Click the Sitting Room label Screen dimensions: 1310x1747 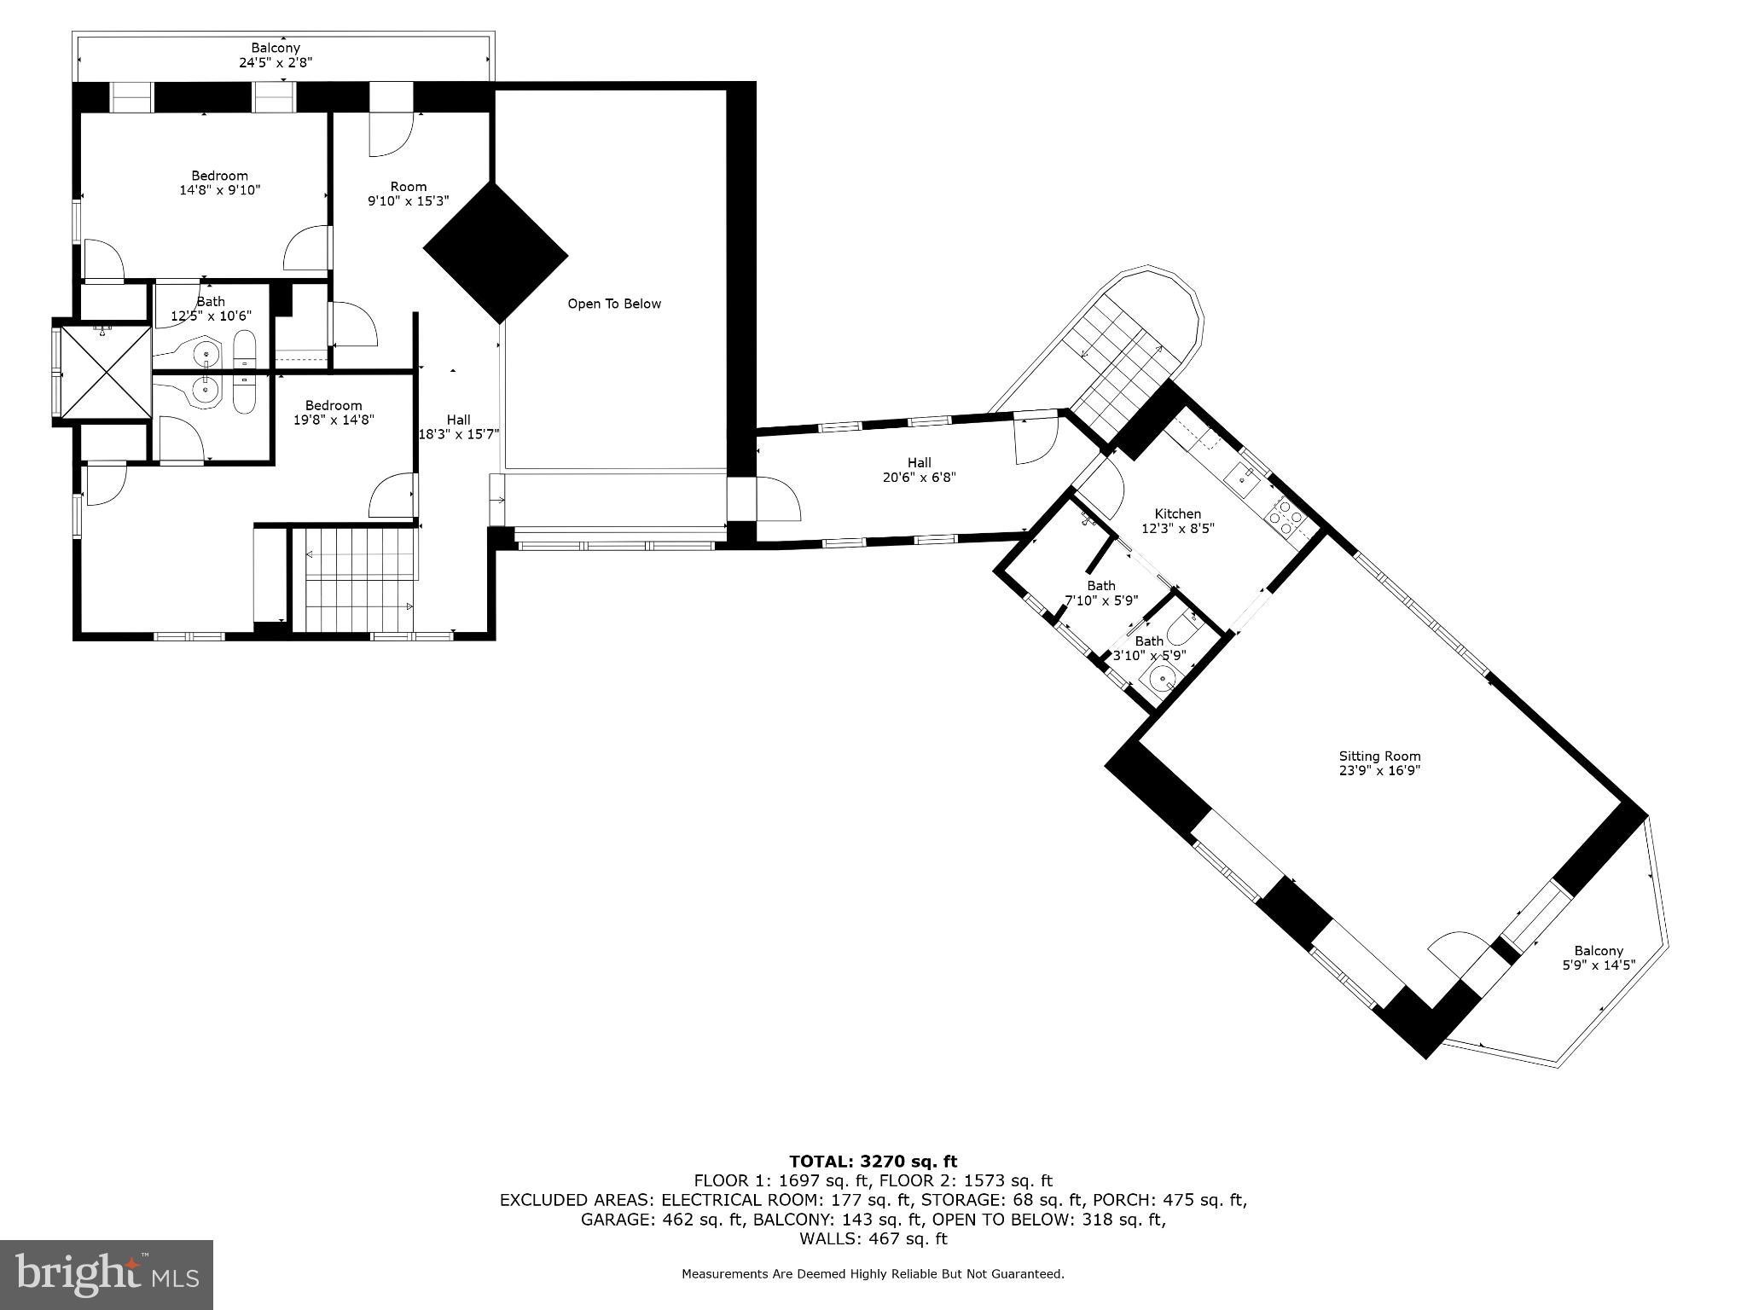click(1379, 762)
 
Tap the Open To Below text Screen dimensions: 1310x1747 click(614, 304)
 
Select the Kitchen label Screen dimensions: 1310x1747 click(1177, 520)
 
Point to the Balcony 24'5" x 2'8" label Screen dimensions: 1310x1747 click(275, 55)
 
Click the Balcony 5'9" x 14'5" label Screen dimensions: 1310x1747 click(1598, 958)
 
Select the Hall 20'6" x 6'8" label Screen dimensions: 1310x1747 click(919, 470)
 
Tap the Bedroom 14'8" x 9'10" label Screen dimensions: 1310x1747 click(219, 183)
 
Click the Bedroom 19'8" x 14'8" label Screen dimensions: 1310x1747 click(334, 412)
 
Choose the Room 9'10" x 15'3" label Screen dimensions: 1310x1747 click(408, 194)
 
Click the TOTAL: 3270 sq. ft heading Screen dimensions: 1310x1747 click(873, 1161)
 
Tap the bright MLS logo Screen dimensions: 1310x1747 click(107, 1274)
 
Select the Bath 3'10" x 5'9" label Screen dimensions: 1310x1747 click(1149, 648)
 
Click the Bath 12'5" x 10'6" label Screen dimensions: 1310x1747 click(211, 309)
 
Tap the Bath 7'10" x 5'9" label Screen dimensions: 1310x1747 click(1100, 593)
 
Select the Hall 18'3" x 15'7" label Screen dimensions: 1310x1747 click(458, 426)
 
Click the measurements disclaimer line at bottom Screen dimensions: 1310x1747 click(873, 1274)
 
